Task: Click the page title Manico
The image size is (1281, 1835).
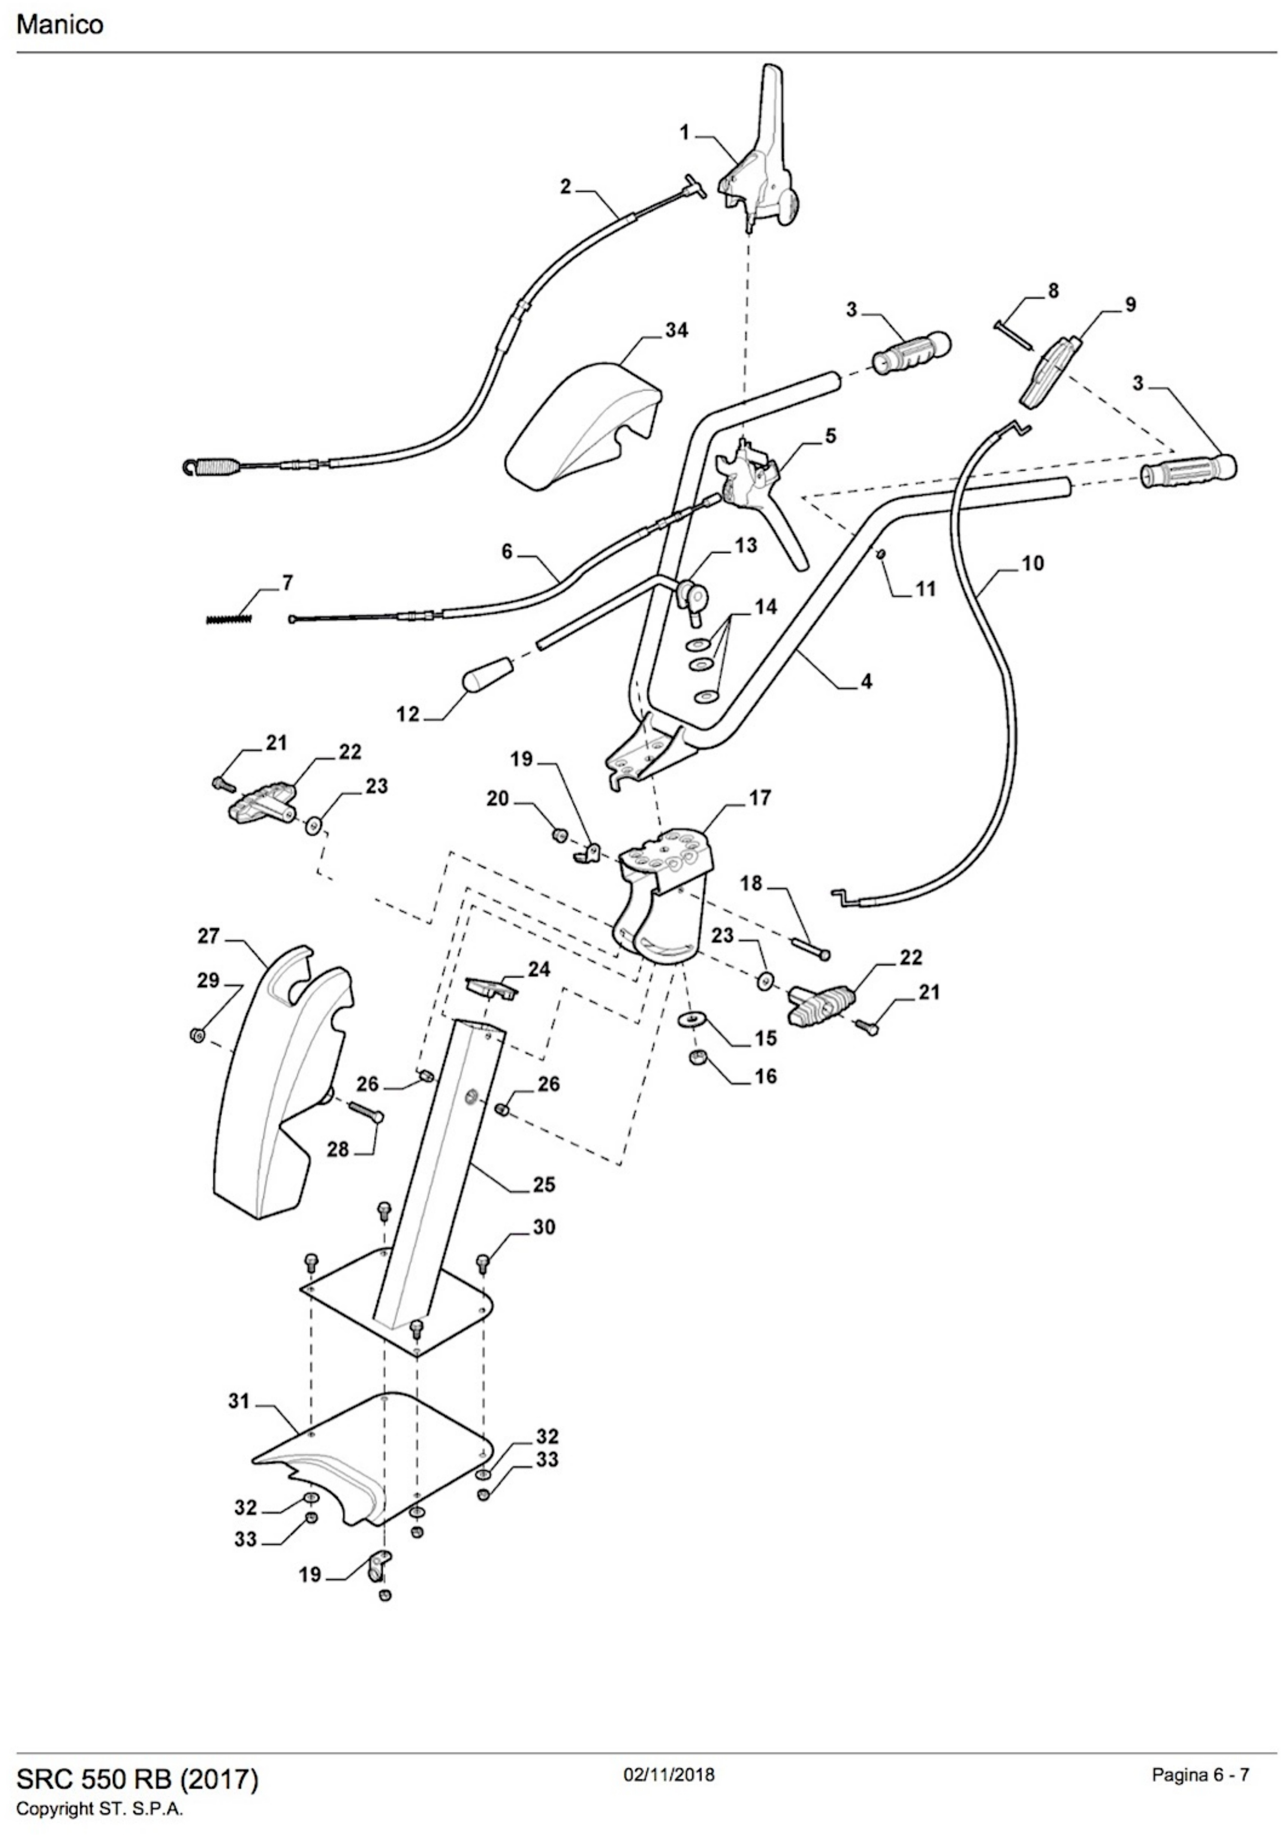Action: point(60,25)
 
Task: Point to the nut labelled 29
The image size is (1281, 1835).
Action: point(196,1036)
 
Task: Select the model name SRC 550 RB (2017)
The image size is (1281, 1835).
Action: point(138,1757)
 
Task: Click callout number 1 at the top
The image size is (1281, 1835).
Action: point(685,133)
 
